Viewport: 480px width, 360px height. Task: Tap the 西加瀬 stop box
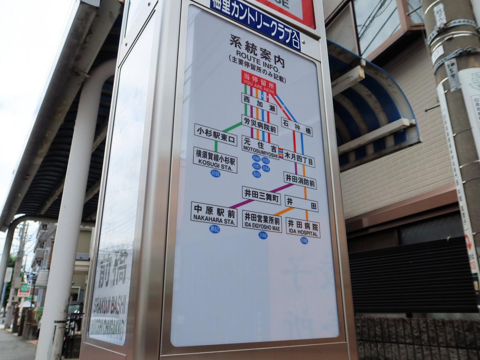point(259,103)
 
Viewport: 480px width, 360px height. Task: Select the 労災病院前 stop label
point(259,124)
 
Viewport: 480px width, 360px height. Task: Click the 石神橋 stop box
point(296,127)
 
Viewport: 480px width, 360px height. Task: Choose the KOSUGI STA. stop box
point(215,160)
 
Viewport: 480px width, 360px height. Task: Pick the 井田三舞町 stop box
point(261,195)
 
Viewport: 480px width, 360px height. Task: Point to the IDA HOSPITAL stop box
point(303,227)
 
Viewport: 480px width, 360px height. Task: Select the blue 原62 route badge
point(214,229)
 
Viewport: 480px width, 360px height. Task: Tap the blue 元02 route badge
point(256,174)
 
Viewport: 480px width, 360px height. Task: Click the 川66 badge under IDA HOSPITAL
point(304,240)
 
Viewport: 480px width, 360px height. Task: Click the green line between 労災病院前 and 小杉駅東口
point(232,128)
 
